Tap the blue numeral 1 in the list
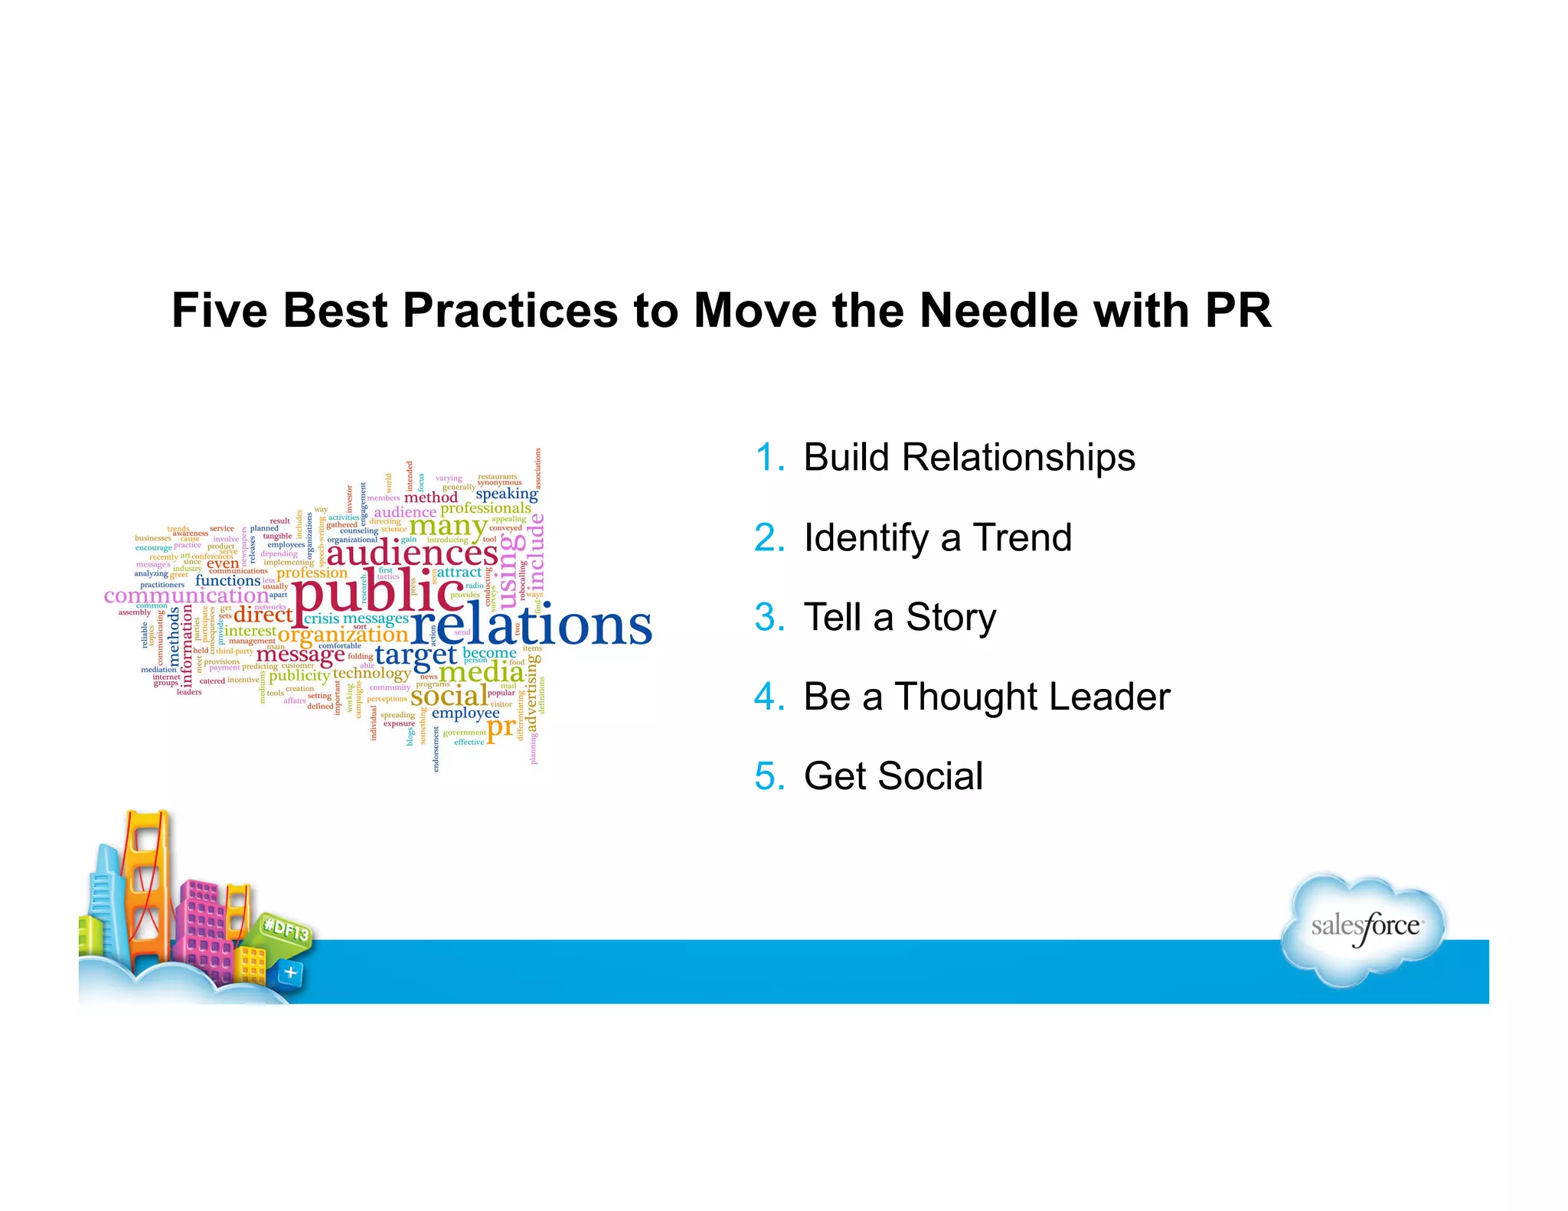click(x=768, y=458)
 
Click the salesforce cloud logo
click(x=1365, y=929)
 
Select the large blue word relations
click(x=531, y=625)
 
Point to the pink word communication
click(x=186, y=596)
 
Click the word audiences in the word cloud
click(x=412, y=553)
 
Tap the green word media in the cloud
click(x=481, y=672)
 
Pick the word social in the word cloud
click(x=449, y=696)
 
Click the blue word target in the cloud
click(x=416, y=654)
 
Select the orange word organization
click(x=342, y=635)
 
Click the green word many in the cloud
click(x=448, y=526)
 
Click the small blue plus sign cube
click(x=291, y=973)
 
